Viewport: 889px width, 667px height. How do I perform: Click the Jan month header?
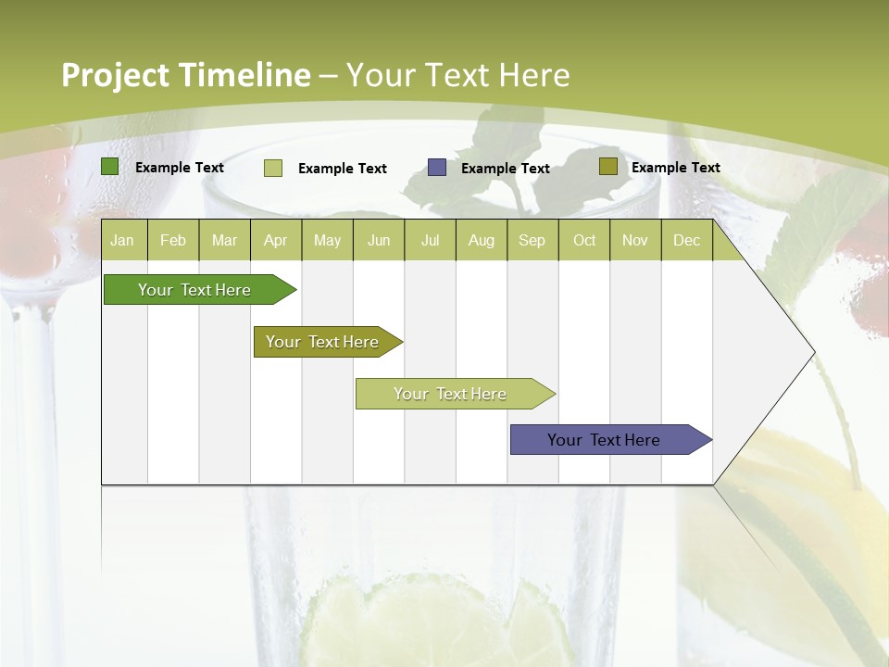[x=122, y=240]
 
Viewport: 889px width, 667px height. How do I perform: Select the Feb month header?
[x=173, y=240]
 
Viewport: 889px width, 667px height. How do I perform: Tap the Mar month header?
[x=224, y=240]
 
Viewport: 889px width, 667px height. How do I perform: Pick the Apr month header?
[x=275, y=240]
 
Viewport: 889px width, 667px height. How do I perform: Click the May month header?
[x=327, y=240]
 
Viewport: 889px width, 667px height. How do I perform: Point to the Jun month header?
[x=379, y=240]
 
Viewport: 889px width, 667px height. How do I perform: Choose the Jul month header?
[x=430, y=240]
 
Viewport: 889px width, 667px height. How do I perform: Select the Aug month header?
[x=482, y=240]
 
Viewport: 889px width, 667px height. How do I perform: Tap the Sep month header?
[x=532, y=240]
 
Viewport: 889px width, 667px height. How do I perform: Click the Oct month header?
[x=584, y=240]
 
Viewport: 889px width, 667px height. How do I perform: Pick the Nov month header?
[x=635, y=240]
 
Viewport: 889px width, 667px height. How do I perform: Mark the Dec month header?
[x=687, y=240]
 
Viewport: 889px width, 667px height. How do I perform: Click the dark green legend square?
[x=110, y=167]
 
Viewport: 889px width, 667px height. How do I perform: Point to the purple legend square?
[x=437, y=168]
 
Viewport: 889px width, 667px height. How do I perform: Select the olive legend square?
[x=607, y=167]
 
